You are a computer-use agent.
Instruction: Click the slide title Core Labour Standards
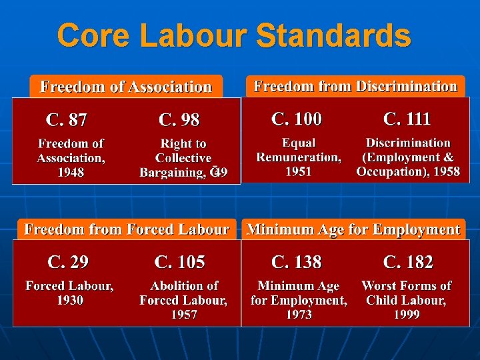coord(234,36)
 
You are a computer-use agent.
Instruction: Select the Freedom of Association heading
coord(126,87)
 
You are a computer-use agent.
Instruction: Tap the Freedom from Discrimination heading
coord(355,86)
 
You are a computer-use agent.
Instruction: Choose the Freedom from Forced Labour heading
coord(127,229)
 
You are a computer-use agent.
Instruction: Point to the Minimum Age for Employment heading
coord(353,229)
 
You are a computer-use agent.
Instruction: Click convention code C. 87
coord(66,120)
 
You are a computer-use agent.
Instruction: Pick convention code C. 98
coord(179,120)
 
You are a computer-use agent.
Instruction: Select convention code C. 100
coord(297,119)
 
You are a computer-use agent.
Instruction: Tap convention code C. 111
coord(407,119)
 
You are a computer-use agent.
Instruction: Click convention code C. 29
coord(68,262)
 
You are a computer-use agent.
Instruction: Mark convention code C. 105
coord(180,262)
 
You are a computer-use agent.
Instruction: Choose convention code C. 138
coord(297,262)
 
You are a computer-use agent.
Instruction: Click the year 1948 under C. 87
coord(70,173)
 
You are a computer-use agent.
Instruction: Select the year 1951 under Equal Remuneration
coord(299,172)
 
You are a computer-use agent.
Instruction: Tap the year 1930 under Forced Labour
coord(69,301)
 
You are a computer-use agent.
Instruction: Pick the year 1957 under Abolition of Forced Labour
coord(183,315)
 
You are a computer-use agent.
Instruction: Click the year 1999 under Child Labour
coord(406,315)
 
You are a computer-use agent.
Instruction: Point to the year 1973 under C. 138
coord(299,315)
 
